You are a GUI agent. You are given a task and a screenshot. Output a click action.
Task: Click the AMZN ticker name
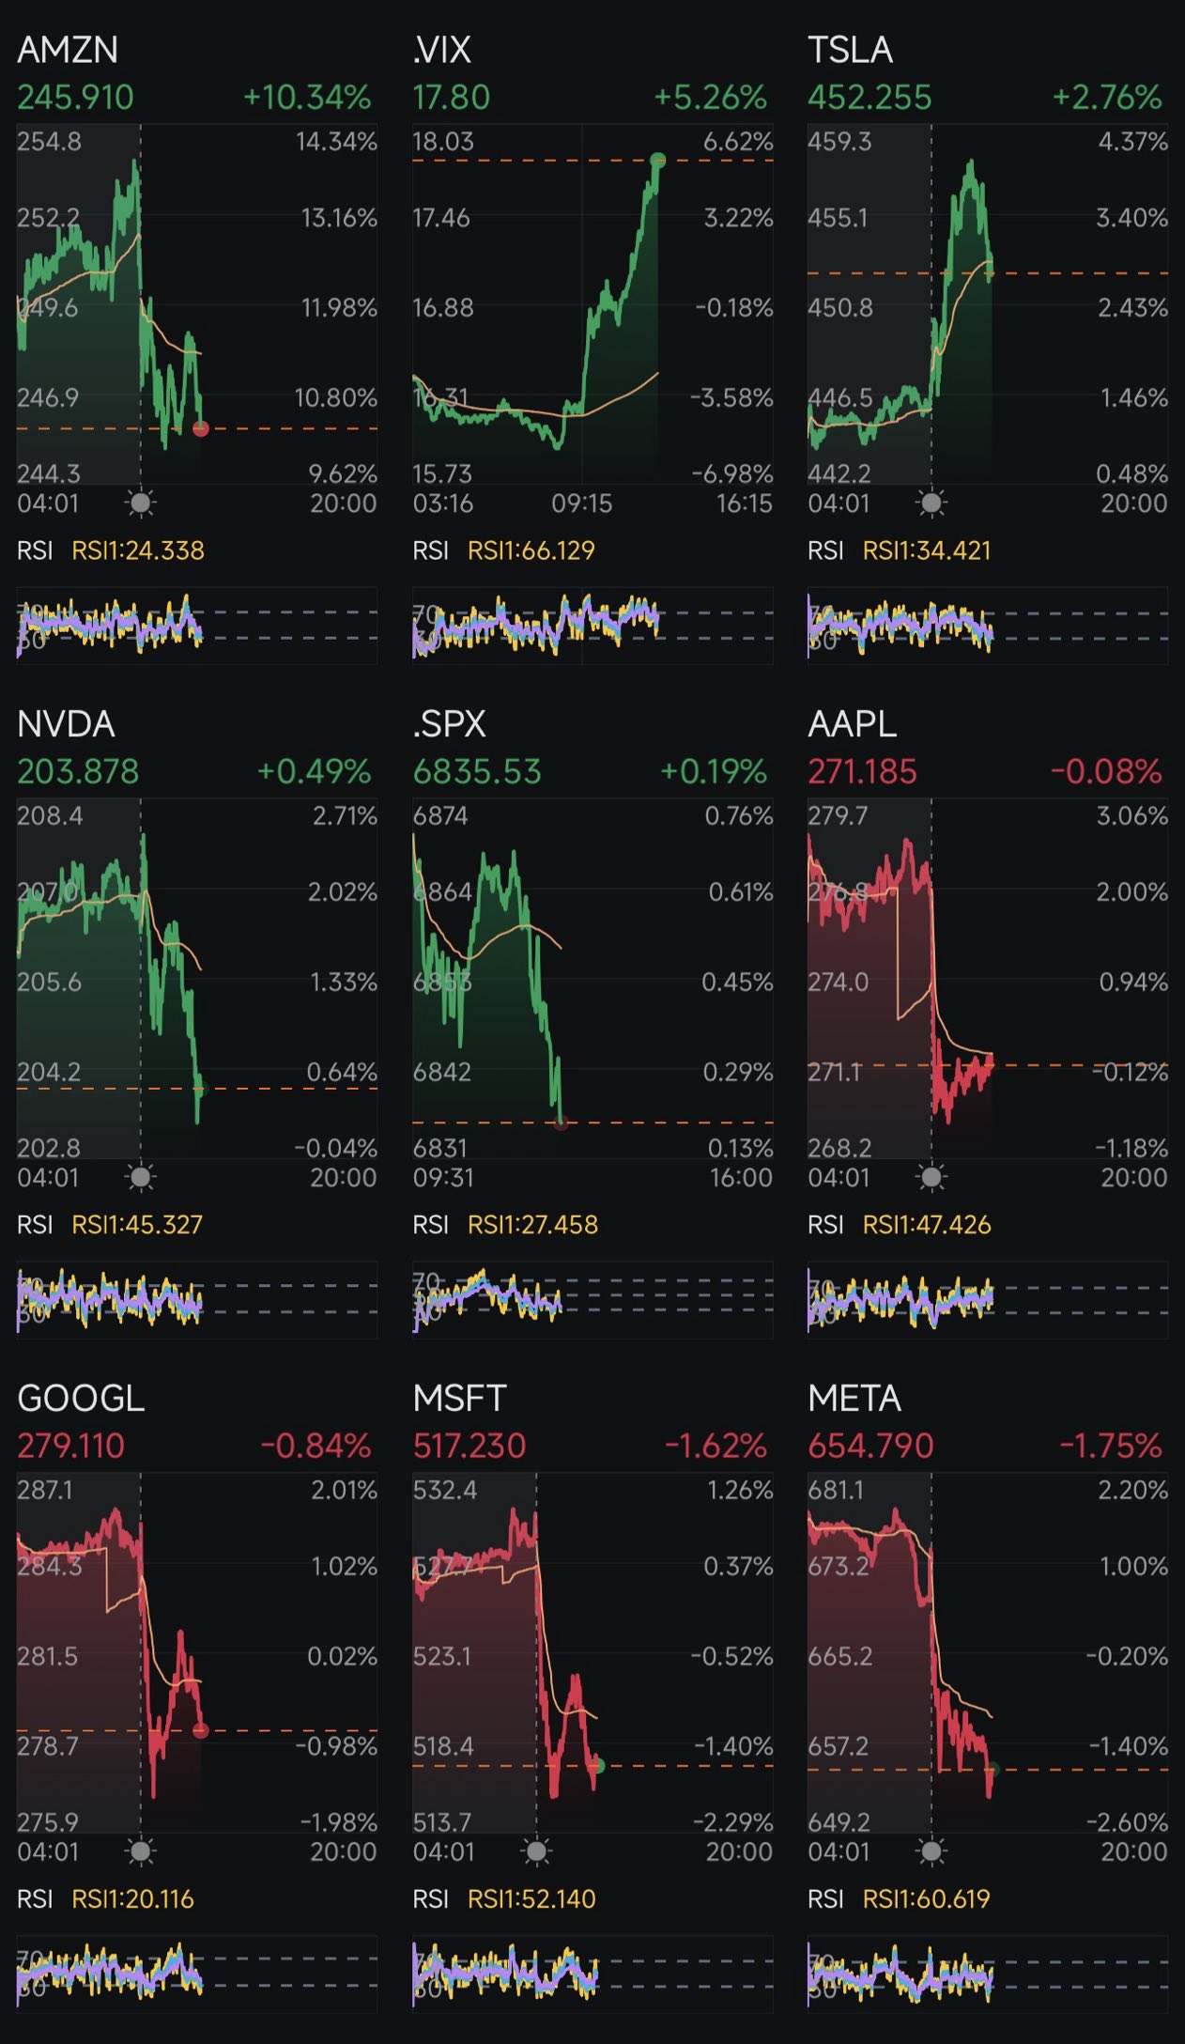point(68,50)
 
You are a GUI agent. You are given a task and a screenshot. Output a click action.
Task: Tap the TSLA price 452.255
point(870,98)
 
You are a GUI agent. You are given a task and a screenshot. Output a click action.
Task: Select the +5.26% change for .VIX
point(711,98)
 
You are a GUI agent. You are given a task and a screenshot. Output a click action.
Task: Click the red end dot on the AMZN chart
point(200,428)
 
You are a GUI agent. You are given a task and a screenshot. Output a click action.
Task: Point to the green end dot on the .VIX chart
point(657,160)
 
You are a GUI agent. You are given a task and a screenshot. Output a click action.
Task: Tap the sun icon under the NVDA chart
point(141,1177)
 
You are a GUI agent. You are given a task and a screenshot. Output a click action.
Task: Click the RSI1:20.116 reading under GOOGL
point(133,1898)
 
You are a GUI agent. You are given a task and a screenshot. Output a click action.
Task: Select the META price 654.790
point(870,1446)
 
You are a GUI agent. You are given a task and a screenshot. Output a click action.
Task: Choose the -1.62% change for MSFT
point(716,1446)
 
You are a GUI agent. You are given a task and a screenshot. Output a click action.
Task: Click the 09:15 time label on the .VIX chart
point(581,503)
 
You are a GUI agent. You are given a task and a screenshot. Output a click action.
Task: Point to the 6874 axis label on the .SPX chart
point(440,815)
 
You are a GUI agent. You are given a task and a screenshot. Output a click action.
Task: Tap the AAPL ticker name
point(852,724)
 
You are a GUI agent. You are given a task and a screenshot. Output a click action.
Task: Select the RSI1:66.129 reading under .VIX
point(531,550)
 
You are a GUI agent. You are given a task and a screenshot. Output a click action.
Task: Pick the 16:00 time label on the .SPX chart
point(741,1177)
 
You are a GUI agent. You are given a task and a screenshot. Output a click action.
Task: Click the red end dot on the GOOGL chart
point(200,1730)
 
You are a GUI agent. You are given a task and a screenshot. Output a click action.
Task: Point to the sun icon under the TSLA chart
point(931,503)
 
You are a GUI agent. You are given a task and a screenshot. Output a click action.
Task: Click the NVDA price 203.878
point(78,772)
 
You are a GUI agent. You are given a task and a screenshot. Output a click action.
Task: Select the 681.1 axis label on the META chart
point(836,1490)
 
